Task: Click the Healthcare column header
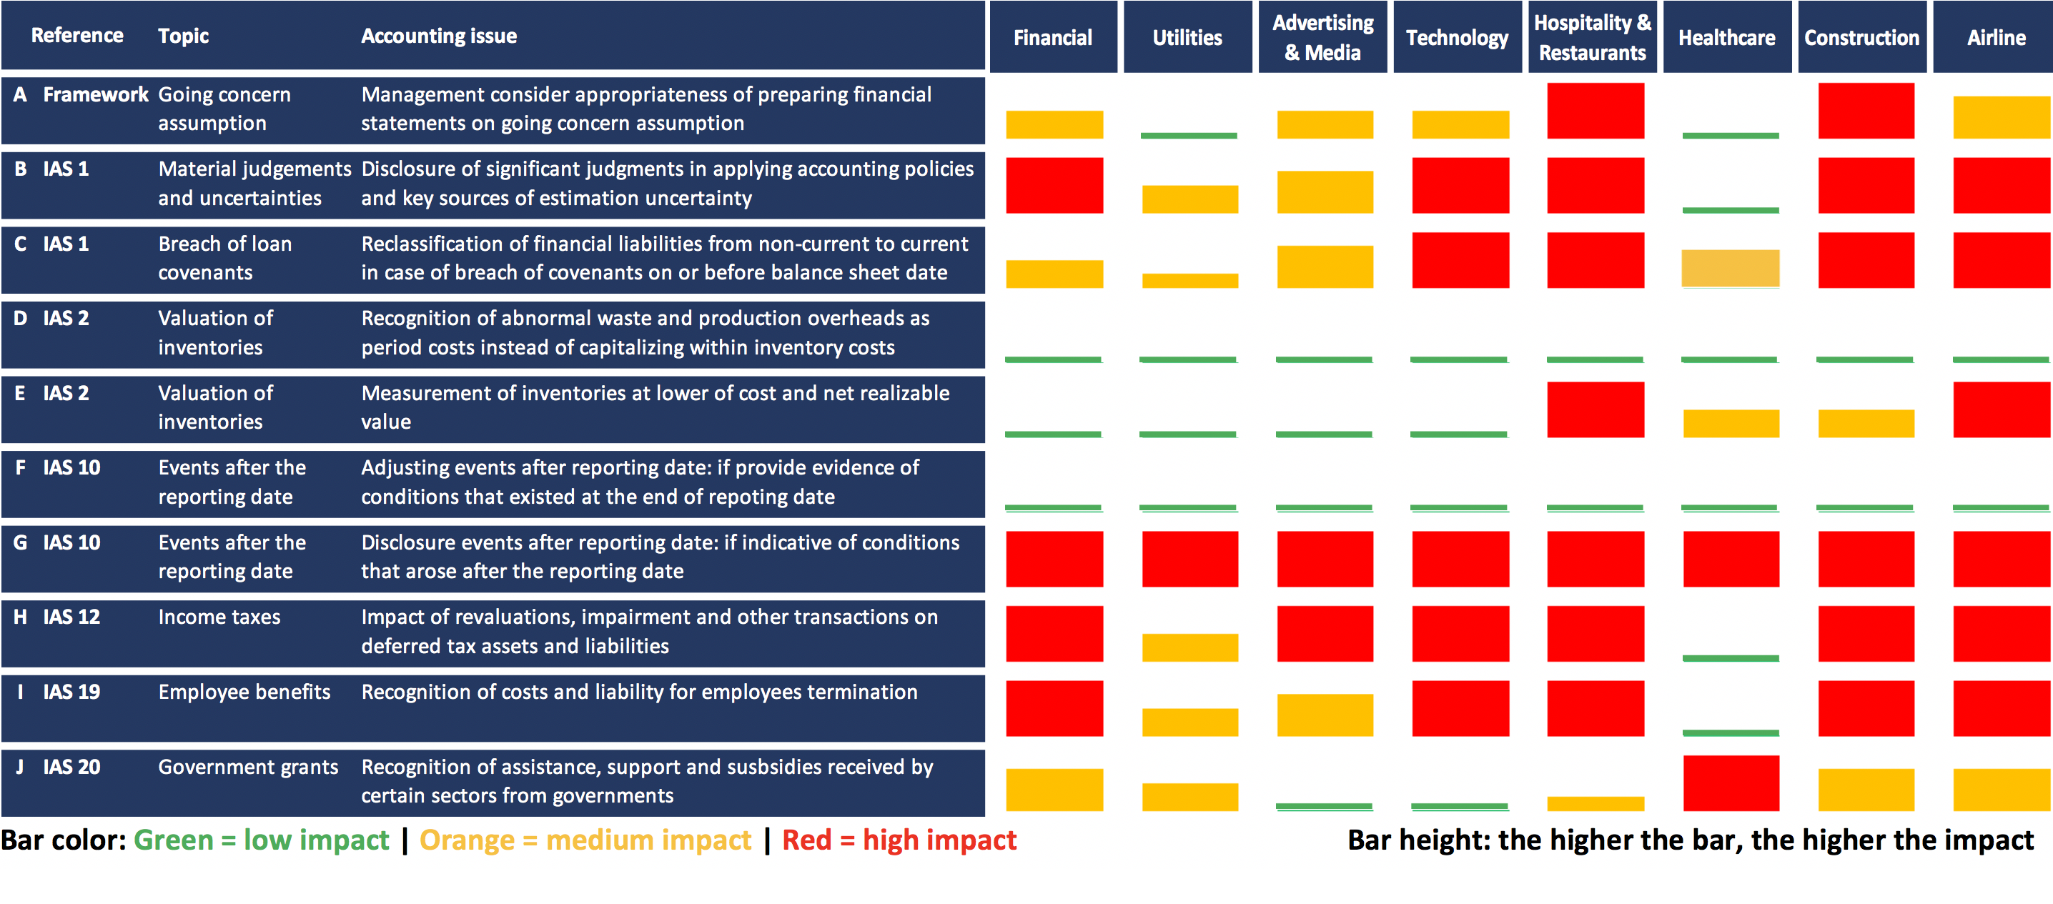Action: [x=1726, y=37]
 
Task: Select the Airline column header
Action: [x=1996, y=37]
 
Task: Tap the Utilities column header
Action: [x=1187, y=37]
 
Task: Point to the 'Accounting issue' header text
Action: [x=438, y=36]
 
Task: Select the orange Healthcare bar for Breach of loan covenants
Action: [x=1730, y=269]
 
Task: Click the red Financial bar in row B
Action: [x=1054, y=185]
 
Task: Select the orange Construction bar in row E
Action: [x=1866, y=423]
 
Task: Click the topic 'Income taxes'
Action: [x=219, y=617]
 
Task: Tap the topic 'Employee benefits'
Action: [x=244, y=692]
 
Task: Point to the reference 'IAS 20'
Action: [x=71, y=767]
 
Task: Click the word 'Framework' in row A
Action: [x=96, y=95]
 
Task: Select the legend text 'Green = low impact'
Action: [x=261, y=840]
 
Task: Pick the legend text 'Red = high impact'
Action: [x=899, y=840]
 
